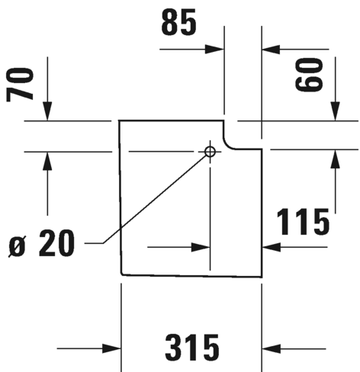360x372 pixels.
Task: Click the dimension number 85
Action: point(179,22)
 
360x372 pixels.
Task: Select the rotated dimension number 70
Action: point(20,85)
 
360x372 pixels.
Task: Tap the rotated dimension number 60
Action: point(309,74)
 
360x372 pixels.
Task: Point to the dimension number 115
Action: point(303,221)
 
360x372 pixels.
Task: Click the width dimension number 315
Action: point(192,348)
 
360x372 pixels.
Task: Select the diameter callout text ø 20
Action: point(42,243)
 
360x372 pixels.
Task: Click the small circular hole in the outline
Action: point(210,152)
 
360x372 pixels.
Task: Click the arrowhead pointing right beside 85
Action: point(214,50)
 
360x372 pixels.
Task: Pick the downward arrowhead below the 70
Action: point(47,111)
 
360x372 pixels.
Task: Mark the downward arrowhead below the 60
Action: point(335,111)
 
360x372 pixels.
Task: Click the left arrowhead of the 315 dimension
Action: point(111,348)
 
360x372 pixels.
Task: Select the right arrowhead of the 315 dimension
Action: point(272,348)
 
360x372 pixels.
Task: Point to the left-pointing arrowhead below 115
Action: point(272,247)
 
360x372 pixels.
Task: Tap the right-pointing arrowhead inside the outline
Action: point(201,247)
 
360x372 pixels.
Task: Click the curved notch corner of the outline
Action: point(227,145)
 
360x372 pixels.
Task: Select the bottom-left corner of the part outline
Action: point(122,274)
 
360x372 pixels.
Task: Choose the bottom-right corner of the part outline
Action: point(262,277)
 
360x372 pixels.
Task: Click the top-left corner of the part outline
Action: point(119,120)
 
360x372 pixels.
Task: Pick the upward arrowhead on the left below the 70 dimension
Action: point(47,161)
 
